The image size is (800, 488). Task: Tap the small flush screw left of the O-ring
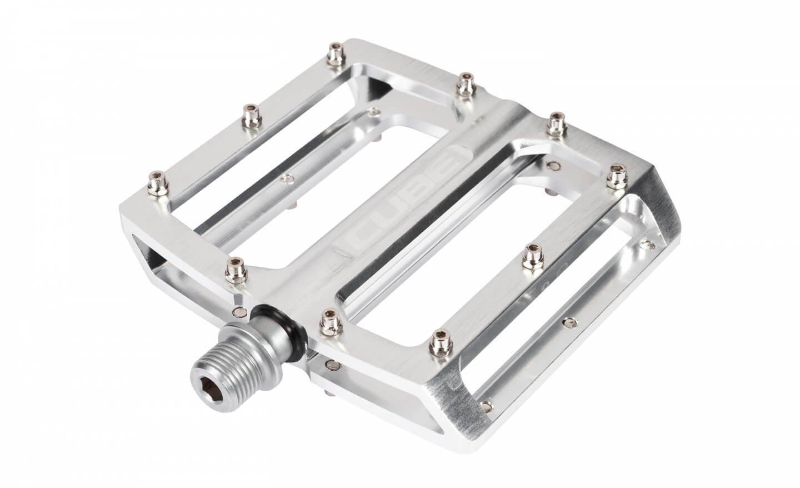tap(239, 312)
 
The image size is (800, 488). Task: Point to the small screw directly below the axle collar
tap(332, 365)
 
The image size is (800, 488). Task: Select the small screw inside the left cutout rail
tap(287, 178)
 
